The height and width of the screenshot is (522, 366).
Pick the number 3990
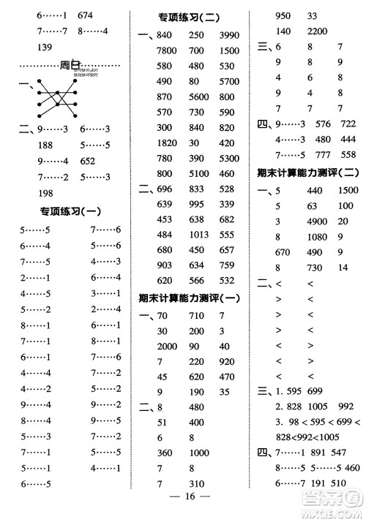pyautogui.click(x=230, y=36)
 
